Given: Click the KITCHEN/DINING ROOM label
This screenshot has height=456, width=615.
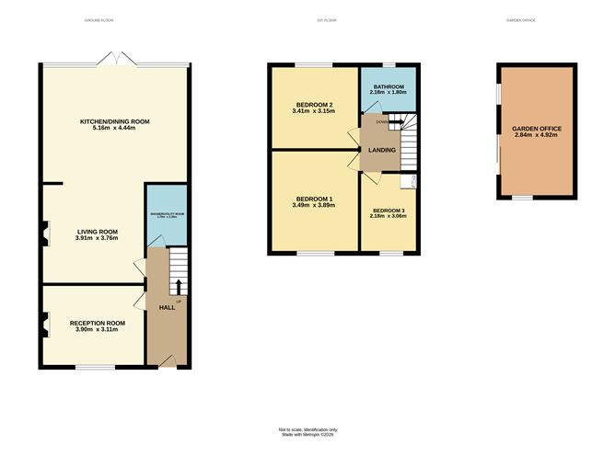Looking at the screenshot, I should pyautogui.click(x=115, y=121).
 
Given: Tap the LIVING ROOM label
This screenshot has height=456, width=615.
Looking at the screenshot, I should pyautogui.click(x=97, y=232).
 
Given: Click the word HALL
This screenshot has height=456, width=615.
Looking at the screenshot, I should pyautogui.click(x=167, y=307).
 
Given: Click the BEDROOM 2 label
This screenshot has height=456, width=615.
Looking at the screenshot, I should pyautogui.click(x=314, y=105).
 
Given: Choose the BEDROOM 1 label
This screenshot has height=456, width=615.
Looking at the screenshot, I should pyautogui.click(x=314, y=199).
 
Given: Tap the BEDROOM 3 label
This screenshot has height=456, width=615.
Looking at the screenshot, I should pyautogui.click(x=388, y=211).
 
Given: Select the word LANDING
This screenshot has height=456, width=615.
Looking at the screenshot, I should pyautogui.click(x=381, y=150).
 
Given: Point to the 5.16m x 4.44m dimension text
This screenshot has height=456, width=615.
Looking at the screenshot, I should pyautogui.click(x=115, y=129).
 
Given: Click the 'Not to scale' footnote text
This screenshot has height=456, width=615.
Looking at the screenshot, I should pyautogui.click(x=308, y=429).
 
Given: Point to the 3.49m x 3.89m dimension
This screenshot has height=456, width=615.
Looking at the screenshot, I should pyautogui.click(x=314, y=205).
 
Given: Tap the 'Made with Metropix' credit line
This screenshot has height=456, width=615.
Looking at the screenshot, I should pyautogui.click(x=308, y=435).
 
